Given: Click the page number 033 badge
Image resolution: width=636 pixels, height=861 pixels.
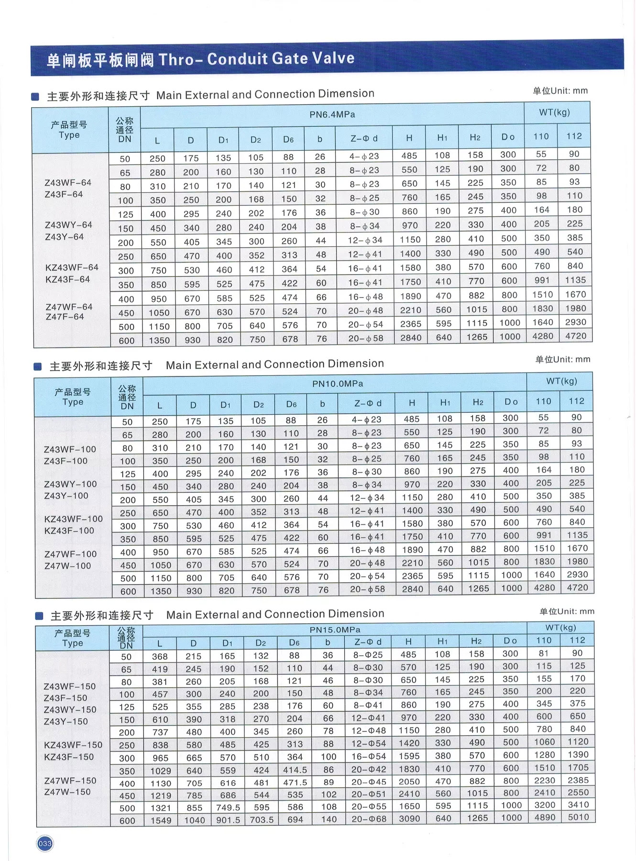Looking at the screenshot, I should click(45, 843).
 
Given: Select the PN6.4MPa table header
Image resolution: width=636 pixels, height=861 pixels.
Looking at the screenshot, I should click(332, 115).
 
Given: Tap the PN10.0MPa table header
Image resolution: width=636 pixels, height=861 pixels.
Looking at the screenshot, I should click(338, 384).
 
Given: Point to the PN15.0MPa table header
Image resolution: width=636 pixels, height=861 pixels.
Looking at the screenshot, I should click(335, 629).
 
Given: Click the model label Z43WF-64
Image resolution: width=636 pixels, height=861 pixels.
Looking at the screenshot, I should click(68, 182).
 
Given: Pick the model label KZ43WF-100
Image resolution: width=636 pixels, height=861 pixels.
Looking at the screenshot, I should click(73, 519).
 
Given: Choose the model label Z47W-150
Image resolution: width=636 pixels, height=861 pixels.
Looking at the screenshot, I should click(67, 792).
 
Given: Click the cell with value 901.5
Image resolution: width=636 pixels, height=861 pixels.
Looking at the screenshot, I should click(228, 820).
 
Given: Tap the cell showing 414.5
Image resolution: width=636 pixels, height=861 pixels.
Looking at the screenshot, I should click(295, 770).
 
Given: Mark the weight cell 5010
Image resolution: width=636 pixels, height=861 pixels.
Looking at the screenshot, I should click(578, 817).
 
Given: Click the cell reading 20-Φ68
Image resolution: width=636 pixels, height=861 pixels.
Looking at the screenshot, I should click(369, 819).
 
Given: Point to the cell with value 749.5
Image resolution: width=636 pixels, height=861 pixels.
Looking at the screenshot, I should click(228, 807).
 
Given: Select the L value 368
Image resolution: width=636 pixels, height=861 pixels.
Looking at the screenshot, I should click(160, 657).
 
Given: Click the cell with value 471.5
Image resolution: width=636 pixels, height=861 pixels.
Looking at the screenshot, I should click(295, 783).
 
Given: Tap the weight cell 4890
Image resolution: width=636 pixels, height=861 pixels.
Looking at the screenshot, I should click(545, 817).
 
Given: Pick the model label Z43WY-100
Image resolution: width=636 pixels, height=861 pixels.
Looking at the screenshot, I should click(70, 484).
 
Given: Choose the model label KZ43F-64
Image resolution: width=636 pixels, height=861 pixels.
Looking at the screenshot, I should click(67, 279).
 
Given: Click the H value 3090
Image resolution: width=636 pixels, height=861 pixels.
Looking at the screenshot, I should click(409, 818).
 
